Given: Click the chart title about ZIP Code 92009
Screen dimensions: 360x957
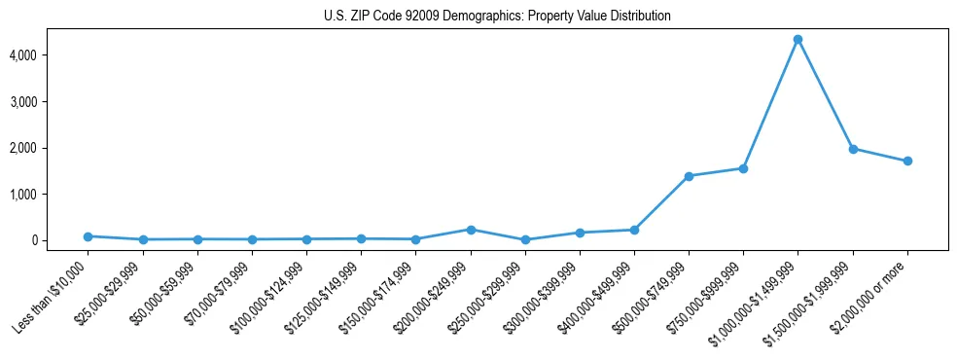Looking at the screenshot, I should [497, 17].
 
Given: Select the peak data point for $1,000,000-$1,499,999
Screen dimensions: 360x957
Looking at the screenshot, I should [797, 39].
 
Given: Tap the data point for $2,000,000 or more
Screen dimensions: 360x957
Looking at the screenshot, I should [907, 161].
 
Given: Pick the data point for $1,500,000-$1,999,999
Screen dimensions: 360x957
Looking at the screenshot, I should [853, 149].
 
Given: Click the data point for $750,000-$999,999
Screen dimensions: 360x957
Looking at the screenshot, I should [743, 168].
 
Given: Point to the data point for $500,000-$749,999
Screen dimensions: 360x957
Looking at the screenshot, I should [689, 176].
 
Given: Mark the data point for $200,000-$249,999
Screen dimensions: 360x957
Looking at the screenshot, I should [471, 230].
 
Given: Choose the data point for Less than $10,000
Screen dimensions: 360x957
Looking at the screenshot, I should [89, 236].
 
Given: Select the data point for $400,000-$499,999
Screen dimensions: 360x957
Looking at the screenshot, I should [634, 230].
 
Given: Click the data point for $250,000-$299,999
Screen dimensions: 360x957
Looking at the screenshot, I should [525, 239].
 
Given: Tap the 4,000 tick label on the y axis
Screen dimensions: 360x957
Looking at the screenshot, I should [49, 55].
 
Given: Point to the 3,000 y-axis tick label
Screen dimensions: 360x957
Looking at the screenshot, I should [49, 102].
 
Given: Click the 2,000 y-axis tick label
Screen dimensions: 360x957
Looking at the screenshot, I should [49, 148].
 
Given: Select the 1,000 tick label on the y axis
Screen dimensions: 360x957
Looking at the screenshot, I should [49, 195].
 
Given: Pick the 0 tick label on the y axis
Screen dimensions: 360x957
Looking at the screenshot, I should [60, 240].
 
